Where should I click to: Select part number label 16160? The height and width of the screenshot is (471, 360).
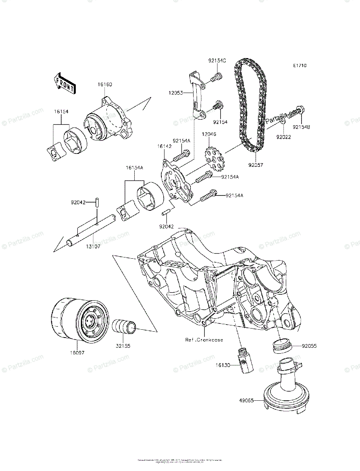coord(105,84)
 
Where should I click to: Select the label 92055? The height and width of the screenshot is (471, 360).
coord(309,347)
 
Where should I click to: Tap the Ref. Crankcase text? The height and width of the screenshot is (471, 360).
coord(204,340)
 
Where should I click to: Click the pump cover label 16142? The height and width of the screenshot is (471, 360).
coord(164,146)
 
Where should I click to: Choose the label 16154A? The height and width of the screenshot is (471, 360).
coord(134,168)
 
